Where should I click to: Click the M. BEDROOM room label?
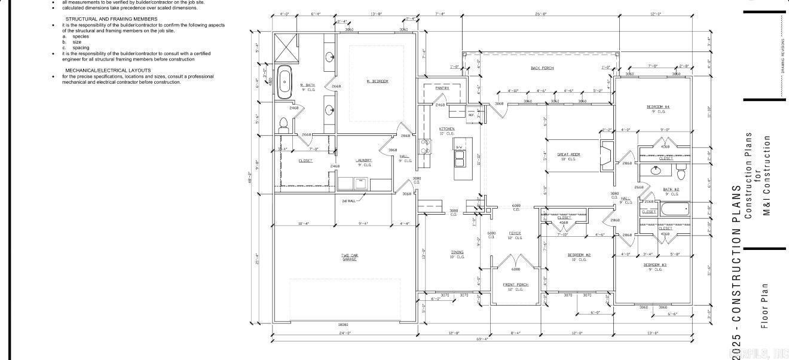(377, 81)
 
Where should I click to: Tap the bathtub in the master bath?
(286, 80)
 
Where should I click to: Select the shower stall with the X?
(285, 46)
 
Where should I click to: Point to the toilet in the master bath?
(283, 124)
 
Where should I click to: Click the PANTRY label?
(442, 88)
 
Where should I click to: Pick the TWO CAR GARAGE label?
(350, 258)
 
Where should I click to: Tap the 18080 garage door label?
(343, 325)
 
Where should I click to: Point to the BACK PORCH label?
(542, 68)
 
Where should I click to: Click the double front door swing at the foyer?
(515, 261)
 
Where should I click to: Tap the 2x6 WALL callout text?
(348, 201)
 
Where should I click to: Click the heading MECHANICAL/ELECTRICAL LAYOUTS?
(108, 70)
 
